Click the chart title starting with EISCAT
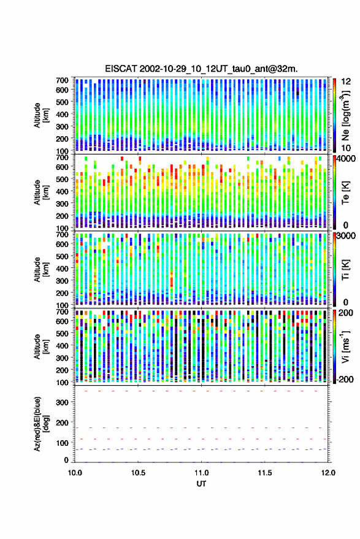click(x=202, y=69)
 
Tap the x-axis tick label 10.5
click(x=138, y=473)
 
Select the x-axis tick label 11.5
click(x=265, y=473)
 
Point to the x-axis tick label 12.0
click(x=328, y=473)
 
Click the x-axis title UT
click(x=202, y=484)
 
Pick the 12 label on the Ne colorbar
click(x=347, y=82)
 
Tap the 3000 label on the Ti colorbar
click(x=346, y=235)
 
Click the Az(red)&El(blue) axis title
click(x=41, y=424)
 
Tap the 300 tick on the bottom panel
click(x=62, y=402)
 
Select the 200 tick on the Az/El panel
click(x=62, y=422)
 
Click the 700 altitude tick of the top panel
click(x=62, y=80)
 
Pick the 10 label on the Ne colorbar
click(x=347, y=148)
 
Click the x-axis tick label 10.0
click(x=75, y=473)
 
